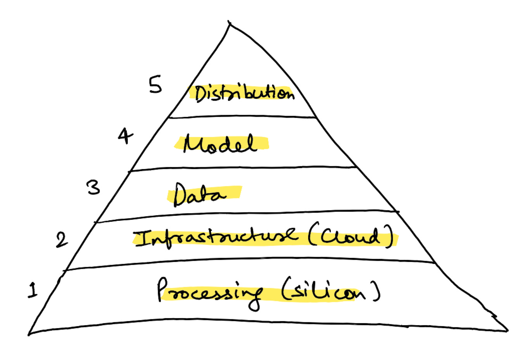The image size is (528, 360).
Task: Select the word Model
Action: click(x=220, y=144)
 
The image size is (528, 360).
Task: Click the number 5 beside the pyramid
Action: click(x=155, y=85)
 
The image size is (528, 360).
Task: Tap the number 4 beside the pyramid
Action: click(x=125, y=136)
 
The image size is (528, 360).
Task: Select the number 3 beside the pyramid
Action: click(x=93, y=187)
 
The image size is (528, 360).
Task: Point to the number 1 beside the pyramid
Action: click(x=33, y=290)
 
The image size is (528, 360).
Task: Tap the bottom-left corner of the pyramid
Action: click(x=29, y=333)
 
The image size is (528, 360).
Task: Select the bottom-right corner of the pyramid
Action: click(x=507, y=331)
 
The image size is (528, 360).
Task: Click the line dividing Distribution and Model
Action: click(x=242, y=116)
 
